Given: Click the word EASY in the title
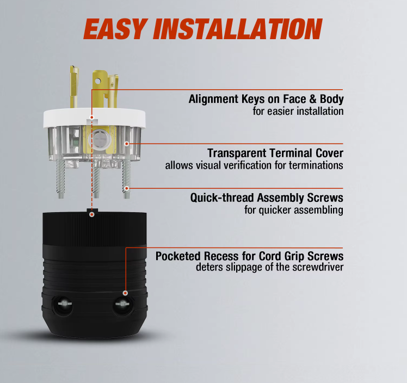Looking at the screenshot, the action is click(x=114, y=29).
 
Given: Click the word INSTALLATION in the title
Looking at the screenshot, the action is click(x=237, y=29).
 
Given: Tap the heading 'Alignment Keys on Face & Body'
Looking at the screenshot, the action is click(x=266, y=99).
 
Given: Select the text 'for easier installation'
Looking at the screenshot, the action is click(x=298, y=112).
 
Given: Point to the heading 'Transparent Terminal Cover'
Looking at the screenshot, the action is click(x=275, y=153).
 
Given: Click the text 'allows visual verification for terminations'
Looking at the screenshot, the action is click(x=254, y=165).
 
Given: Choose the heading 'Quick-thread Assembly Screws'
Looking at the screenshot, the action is click(x=267, y=197).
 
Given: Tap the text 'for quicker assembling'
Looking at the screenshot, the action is click(x=294, y=210).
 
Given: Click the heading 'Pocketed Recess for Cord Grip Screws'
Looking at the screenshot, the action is click(x=249, y=256).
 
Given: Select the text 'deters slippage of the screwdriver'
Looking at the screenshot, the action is click(x=270, y=267).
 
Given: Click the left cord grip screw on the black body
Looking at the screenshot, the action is click(x=64, y=304).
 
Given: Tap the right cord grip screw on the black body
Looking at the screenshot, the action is click(x=122, y=303).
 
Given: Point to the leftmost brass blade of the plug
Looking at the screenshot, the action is click(x=74, y=87).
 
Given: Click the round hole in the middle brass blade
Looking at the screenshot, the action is click(x=97, y=82).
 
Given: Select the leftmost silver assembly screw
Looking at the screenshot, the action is click(x=61, y=179).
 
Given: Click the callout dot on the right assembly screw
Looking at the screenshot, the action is click(x=127, y=188).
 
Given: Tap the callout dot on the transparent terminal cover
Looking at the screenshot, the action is click(x=127, y=144).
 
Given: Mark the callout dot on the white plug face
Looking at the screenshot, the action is click(x=91, y=118).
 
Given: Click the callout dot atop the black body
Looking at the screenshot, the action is click(x=91, y=214).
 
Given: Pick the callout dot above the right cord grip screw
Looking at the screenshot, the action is click(x=125, y=293).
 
